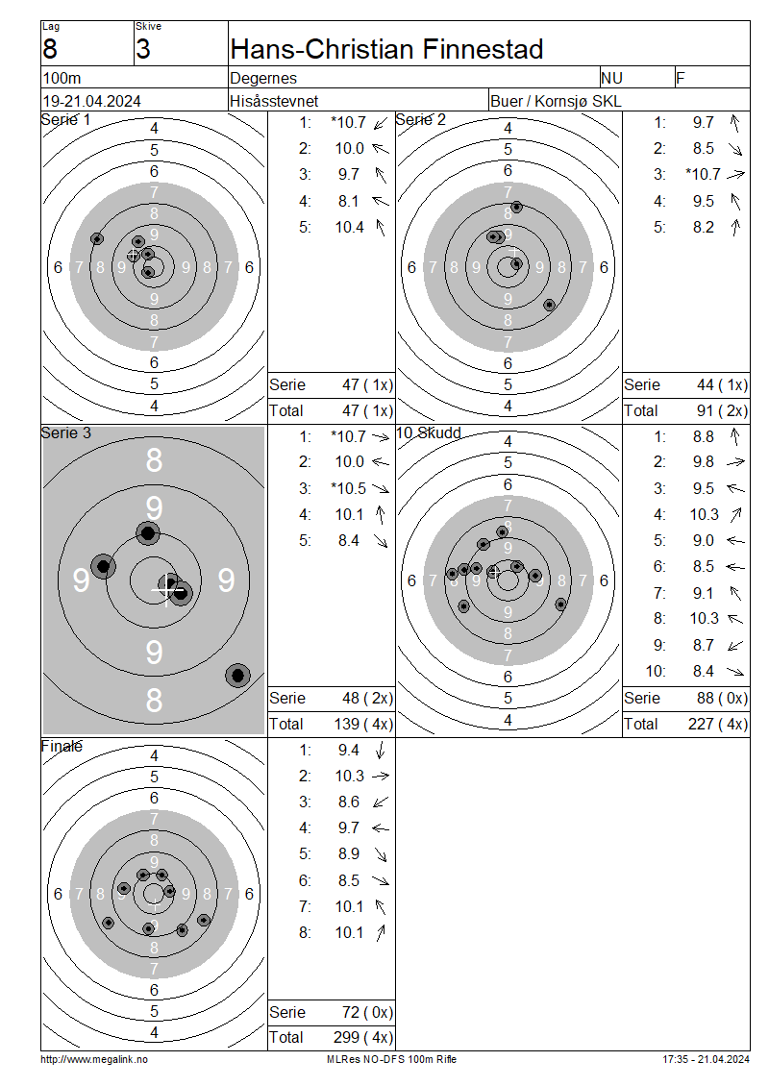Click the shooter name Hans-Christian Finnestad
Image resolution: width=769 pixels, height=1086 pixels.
(386, 49)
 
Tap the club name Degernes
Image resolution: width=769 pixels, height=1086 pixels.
(263, 78)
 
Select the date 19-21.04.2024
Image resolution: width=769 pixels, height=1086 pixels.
(92, 101)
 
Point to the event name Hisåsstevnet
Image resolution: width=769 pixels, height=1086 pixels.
(274, 101)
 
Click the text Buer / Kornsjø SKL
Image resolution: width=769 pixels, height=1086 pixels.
(556, 101)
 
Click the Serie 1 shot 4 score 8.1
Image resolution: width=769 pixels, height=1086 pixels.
(349, 201)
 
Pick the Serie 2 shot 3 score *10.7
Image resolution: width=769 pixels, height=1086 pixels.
(704, 175)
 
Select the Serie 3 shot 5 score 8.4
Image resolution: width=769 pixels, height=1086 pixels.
(349, 540)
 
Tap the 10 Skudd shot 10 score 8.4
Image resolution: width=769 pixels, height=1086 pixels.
(704, 671)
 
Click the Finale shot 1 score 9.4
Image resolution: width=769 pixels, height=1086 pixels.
(349, 750)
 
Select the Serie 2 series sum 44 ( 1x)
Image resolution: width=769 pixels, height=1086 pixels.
(723, 385)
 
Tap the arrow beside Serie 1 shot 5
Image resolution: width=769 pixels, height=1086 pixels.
(381, 227)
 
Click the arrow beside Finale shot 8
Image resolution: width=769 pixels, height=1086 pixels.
(381, 933)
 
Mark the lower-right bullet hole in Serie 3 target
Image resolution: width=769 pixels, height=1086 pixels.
(237, 675)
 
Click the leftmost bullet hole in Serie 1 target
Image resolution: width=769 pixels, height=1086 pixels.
(97, 239)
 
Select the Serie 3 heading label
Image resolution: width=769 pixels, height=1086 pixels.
(65, 432)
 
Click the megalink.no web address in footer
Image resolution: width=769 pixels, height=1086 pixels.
(94, 1059)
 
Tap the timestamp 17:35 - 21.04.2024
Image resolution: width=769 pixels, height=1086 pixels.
(706, 1059)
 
